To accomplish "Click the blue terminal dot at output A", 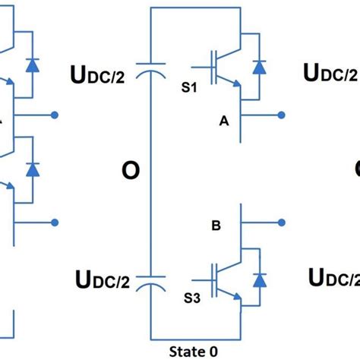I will click(282, 115).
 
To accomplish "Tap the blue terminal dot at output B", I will click(282, 223).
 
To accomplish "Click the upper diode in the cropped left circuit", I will click(33, 65).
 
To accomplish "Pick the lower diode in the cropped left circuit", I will click(33, 170).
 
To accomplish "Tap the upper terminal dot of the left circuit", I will click(55, 115).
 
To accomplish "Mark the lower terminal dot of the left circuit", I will click(55, 223).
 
